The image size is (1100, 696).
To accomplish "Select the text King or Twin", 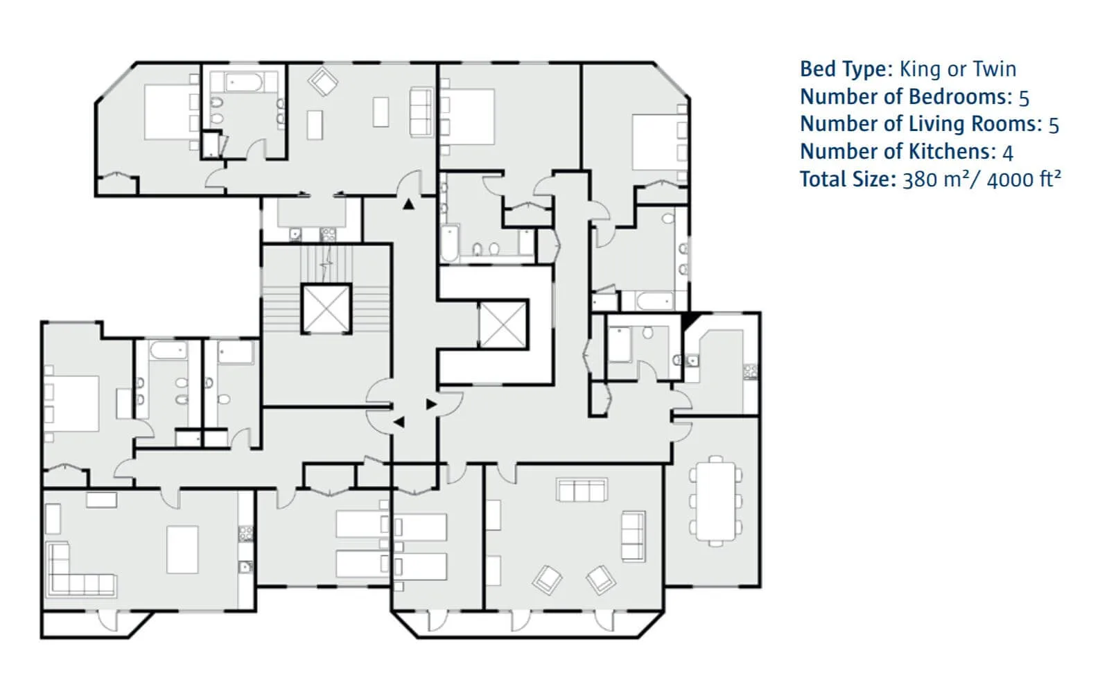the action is point(958,69).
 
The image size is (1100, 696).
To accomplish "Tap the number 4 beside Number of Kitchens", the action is point(1008,153).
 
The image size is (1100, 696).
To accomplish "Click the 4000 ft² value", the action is point(1024,180).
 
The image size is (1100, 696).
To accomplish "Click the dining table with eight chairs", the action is point(716,501).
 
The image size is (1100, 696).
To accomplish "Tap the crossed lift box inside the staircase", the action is point(326,309).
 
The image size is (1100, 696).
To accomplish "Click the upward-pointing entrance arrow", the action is point(408,204).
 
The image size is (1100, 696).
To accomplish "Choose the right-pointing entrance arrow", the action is point(431,404).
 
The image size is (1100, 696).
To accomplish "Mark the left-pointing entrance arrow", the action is point(399,422).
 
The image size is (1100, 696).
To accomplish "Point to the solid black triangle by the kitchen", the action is point(690,320).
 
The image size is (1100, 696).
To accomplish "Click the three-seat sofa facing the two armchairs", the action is point(582,490).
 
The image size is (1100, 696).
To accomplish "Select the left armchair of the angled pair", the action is point(547,580).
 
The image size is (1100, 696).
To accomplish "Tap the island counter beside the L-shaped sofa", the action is point(182,550).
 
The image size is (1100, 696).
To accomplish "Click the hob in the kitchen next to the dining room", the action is point(750,372).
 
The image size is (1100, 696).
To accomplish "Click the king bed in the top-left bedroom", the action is point(167,112).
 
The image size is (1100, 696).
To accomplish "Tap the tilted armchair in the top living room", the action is point(322,81).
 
